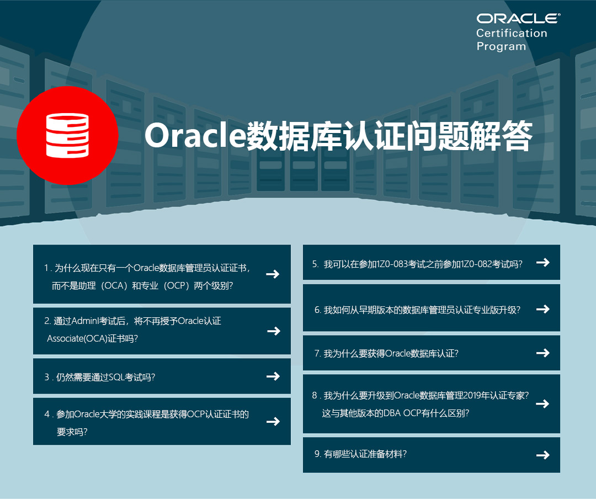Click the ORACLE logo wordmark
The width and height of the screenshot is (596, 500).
518,19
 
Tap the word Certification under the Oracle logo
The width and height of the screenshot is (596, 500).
512,34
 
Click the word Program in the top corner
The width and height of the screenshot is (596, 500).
501,46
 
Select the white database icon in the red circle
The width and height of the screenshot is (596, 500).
67,135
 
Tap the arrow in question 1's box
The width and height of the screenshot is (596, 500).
273,274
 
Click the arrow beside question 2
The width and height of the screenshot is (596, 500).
274,331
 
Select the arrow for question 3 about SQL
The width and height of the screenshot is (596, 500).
273,376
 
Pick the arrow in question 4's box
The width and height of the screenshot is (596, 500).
273,421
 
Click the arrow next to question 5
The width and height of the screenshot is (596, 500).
543,262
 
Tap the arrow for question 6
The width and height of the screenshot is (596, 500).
543,309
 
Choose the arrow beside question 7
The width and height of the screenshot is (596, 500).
543,353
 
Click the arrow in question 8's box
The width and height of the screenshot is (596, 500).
542,403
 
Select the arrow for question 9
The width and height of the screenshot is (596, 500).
543,455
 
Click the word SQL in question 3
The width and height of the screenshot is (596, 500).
116,377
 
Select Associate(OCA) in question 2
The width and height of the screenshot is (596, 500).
77,338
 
